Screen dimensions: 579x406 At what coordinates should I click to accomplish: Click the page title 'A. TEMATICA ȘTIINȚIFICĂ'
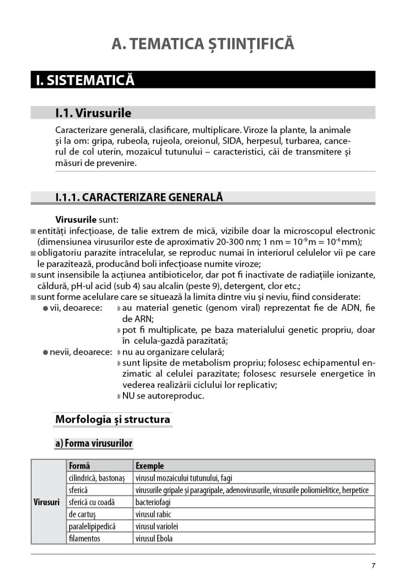coord(203,44)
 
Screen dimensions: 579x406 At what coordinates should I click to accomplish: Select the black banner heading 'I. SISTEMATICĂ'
coord(85,80)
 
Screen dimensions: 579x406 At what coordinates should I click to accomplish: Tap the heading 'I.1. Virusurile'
coord(93,113)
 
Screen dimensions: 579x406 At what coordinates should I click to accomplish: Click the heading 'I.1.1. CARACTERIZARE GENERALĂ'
coord(139,198)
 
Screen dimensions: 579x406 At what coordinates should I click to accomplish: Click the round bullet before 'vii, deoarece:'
coord(46,308)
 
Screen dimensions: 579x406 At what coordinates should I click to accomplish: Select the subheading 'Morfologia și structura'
coord(113,419)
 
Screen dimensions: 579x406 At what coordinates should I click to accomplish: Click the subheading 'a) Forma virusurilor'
coord(94,443)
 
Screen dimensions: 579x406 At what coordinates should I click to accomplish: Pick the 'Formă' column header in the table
coord(80,465)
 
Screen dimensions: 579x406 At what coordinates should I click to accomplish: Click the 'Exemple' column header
coord(150,465)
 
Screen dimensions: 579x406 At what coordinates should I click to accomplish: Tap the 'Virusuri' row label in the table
coord(47,503)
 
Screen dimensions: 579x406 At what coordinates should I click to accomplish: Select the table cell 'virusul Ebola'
coord(154,539)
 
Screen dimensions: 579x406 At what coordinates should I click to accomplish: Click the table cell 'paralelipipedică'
coord(92,527)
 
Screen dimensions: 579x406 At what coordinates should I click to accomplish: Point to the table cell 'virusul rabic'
coord(153,514)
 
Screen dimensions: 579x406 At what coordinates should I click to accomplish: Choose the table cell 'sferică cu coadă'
coord(92,502)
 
